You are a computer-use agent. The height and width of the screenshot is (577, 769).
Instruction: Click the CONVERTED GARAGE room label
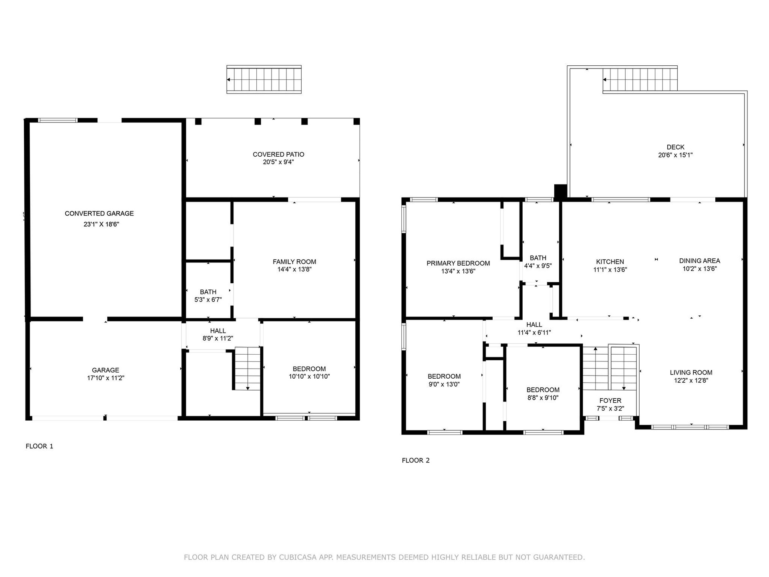(x=99, y=214)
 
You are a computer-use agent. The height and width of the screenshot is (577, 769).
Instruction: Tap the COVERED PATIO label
(x=278, y=154)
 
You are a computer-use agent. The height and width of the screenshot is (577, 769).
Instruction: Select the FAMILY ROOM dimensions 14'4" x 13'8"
(x=294, y=270)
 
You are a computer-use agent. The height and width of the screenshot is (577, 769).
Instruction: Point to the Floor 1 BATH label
(x=208, y=292)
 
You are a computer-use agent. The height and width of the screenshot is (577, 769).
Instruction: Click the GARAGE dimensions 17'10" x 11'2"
(x=106, y=378)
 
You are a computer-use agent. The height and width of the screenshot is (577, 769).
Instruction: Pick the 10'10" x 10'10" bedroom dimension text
(x=309, y=377)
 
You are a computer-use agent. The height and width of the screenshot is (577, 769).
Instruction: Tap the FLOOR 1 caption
(x=39, y=446)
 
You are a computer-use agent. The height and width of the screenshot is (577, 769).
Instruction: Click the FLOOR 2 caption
(x=416, y=460)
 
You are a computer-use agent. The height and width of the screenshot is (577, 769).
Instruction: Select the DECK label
(x=676, y=147)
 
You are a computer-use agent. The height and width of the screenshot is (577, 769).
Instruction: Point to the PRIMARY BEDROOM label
(x=458, y=263)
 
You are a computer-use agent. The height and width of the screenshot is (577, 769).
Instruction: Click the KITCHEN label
(x=610, y=262)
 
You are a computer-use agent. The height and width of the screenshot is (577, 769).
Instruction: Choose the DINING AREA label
(x=700, y=261)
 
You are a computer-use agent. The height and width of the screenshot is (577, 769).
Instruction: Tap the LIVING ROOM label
(x=691, y=373)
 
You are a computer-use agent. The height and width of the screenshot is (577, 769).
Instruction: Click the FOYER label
(x=610, y=401)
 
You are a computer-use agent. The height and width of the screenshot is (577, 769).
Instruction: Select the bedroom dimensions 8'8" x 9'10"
(x=543, y=398)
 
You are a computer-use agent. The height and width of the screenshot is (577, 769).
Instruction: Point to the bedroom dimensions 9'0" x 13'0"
(x=444, y=384)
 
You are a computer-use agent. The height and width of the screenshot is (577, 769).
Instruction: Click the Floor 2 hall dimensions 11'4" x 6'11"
(x=534, y=333)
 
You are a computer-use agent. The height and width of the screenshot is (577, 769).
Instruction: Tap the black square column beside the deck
(x=561, y=192)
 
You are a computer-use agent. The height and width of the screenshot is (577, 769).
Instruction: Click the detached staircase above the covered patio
(x=264, y=79)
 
